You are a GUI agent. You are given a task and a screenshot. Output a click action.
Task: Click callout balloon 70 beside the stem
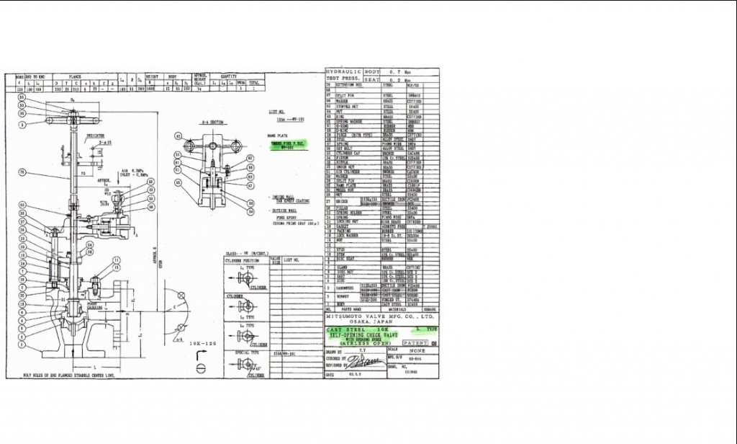(x=22, y=172)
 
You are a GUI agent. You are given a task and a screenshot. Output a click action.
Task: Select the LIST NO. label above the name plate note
(x=276, y=113)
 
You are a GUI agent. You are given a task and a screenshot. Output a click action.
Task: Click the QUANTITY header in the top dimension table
(x=228, y=74)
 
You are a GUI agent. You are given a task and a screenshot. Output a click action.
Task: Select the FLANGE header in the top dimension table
(x=75, y=74)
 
